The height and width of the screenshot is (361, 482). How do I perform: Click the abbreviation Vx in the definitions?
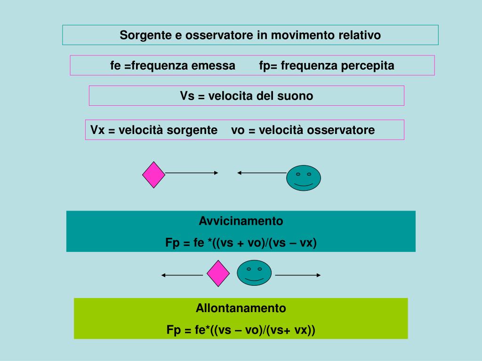(x=97, y=130)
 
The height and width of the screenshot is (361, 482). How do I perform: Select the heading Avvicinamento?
(x=241, y=221)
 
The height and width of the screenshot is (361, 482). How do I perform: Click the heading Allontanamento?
(x=241, y=308)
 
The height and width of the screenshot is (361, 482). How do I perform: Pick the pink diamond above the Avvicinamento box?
(x=154, y=175)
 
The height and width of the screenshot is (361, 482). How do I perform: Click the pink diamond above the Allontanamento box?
(x=218, y=274)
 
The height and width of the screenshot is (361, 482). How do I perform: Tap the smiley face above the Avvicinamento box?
(x=304, y=178)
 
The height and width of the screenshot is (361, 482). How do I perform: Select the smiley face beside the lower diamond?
(x=255, y=273)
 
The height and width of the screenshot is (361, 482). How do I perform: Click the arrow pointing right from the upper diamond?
(x=192, y=173)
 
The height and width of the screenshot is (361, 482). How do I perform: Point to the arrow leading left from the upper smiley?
(x=262, y=173)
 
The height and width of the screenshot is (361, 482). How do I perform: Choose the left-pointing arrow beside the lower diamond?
(x=182, y=275)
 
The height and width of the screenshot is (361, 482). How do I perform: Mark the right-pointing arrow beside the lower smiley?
(x=298, y=275)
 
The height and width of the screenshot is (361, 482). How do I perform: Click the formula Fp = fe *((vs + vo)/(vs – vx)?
(x=241, y=243)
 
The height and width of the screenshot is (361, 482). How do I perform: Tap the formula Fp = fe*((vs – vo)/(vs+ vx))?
(x=241, y=330)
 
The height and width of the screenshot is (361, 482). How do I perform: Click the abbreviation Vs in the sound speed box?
(x=187, y=96)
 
